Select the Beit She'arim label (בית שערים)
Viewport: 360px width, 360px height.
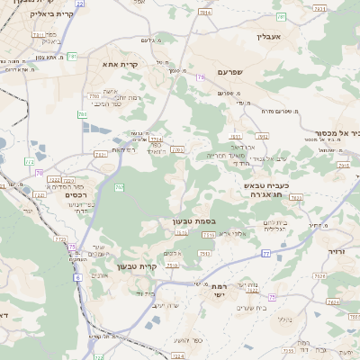[258, 306]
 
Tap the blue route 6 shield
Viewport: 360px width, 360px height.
[77, 276]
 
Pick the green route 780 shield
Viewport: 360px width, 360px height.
[83, 114]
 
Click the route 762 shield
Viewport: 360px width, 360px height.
[176, 149]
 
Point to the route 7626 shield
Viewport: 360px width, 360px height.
[335, 303]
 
